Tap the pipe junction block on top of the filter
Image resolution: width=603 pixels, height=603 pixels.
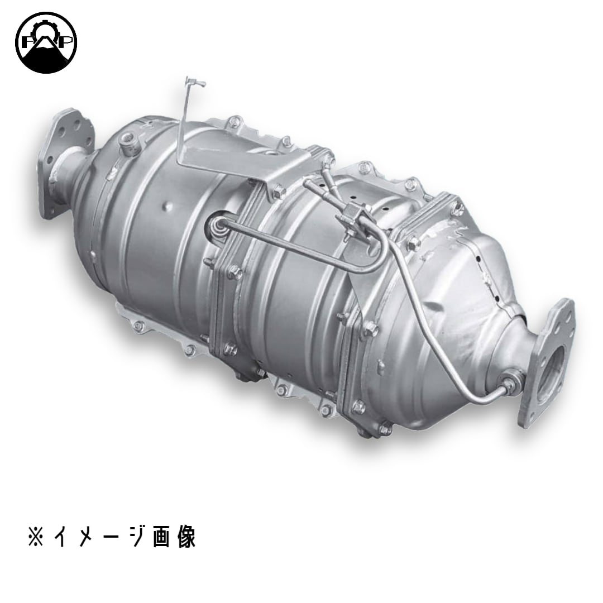coord(350,213)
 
